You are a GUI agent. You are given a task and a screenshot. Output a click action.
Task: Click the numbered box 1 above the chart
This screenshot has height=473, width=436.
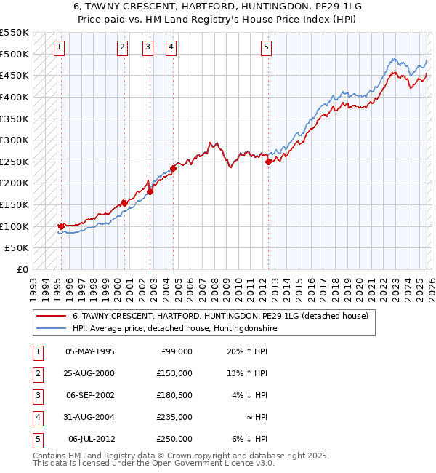click(59, 47)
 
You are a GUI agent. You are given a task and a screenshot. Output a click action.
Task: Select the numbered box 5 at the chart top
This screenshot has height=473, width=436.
click(266, 47)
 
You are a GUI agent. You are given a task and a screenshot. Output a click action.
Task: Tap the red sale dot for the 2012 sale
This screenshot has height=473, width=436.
click(268, 162)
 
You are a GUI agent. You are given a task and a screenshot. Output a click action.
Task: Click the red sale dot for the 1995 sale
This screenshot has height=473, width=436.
click(61, 226)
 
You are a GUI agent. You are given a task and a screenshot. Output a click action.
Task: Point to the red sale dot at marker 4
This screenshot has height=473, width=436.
click(174, 168)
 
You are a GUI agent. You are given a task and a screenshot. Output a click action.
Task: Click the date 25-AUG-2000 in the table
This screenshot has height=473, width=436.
click(90, 373)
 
